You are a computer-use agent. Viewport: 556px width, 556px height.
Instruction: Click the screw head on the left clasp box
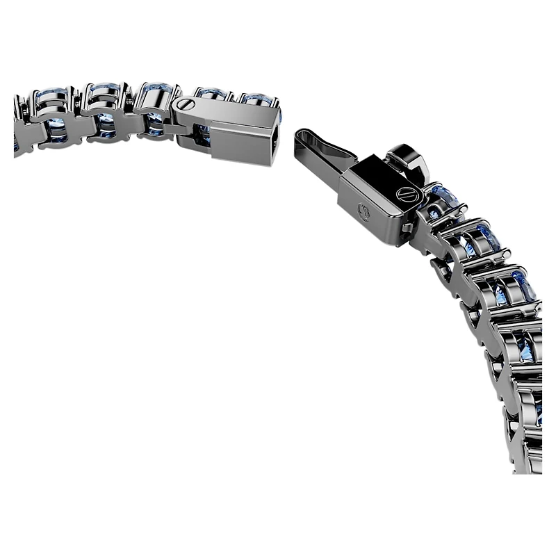point(185,104)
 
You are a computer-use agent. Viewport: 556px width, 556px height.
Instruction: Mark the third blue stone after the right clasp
point(523,285)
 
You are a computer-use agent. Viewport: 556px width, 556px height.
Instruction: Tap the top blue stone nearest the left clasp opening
point(258,99)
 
